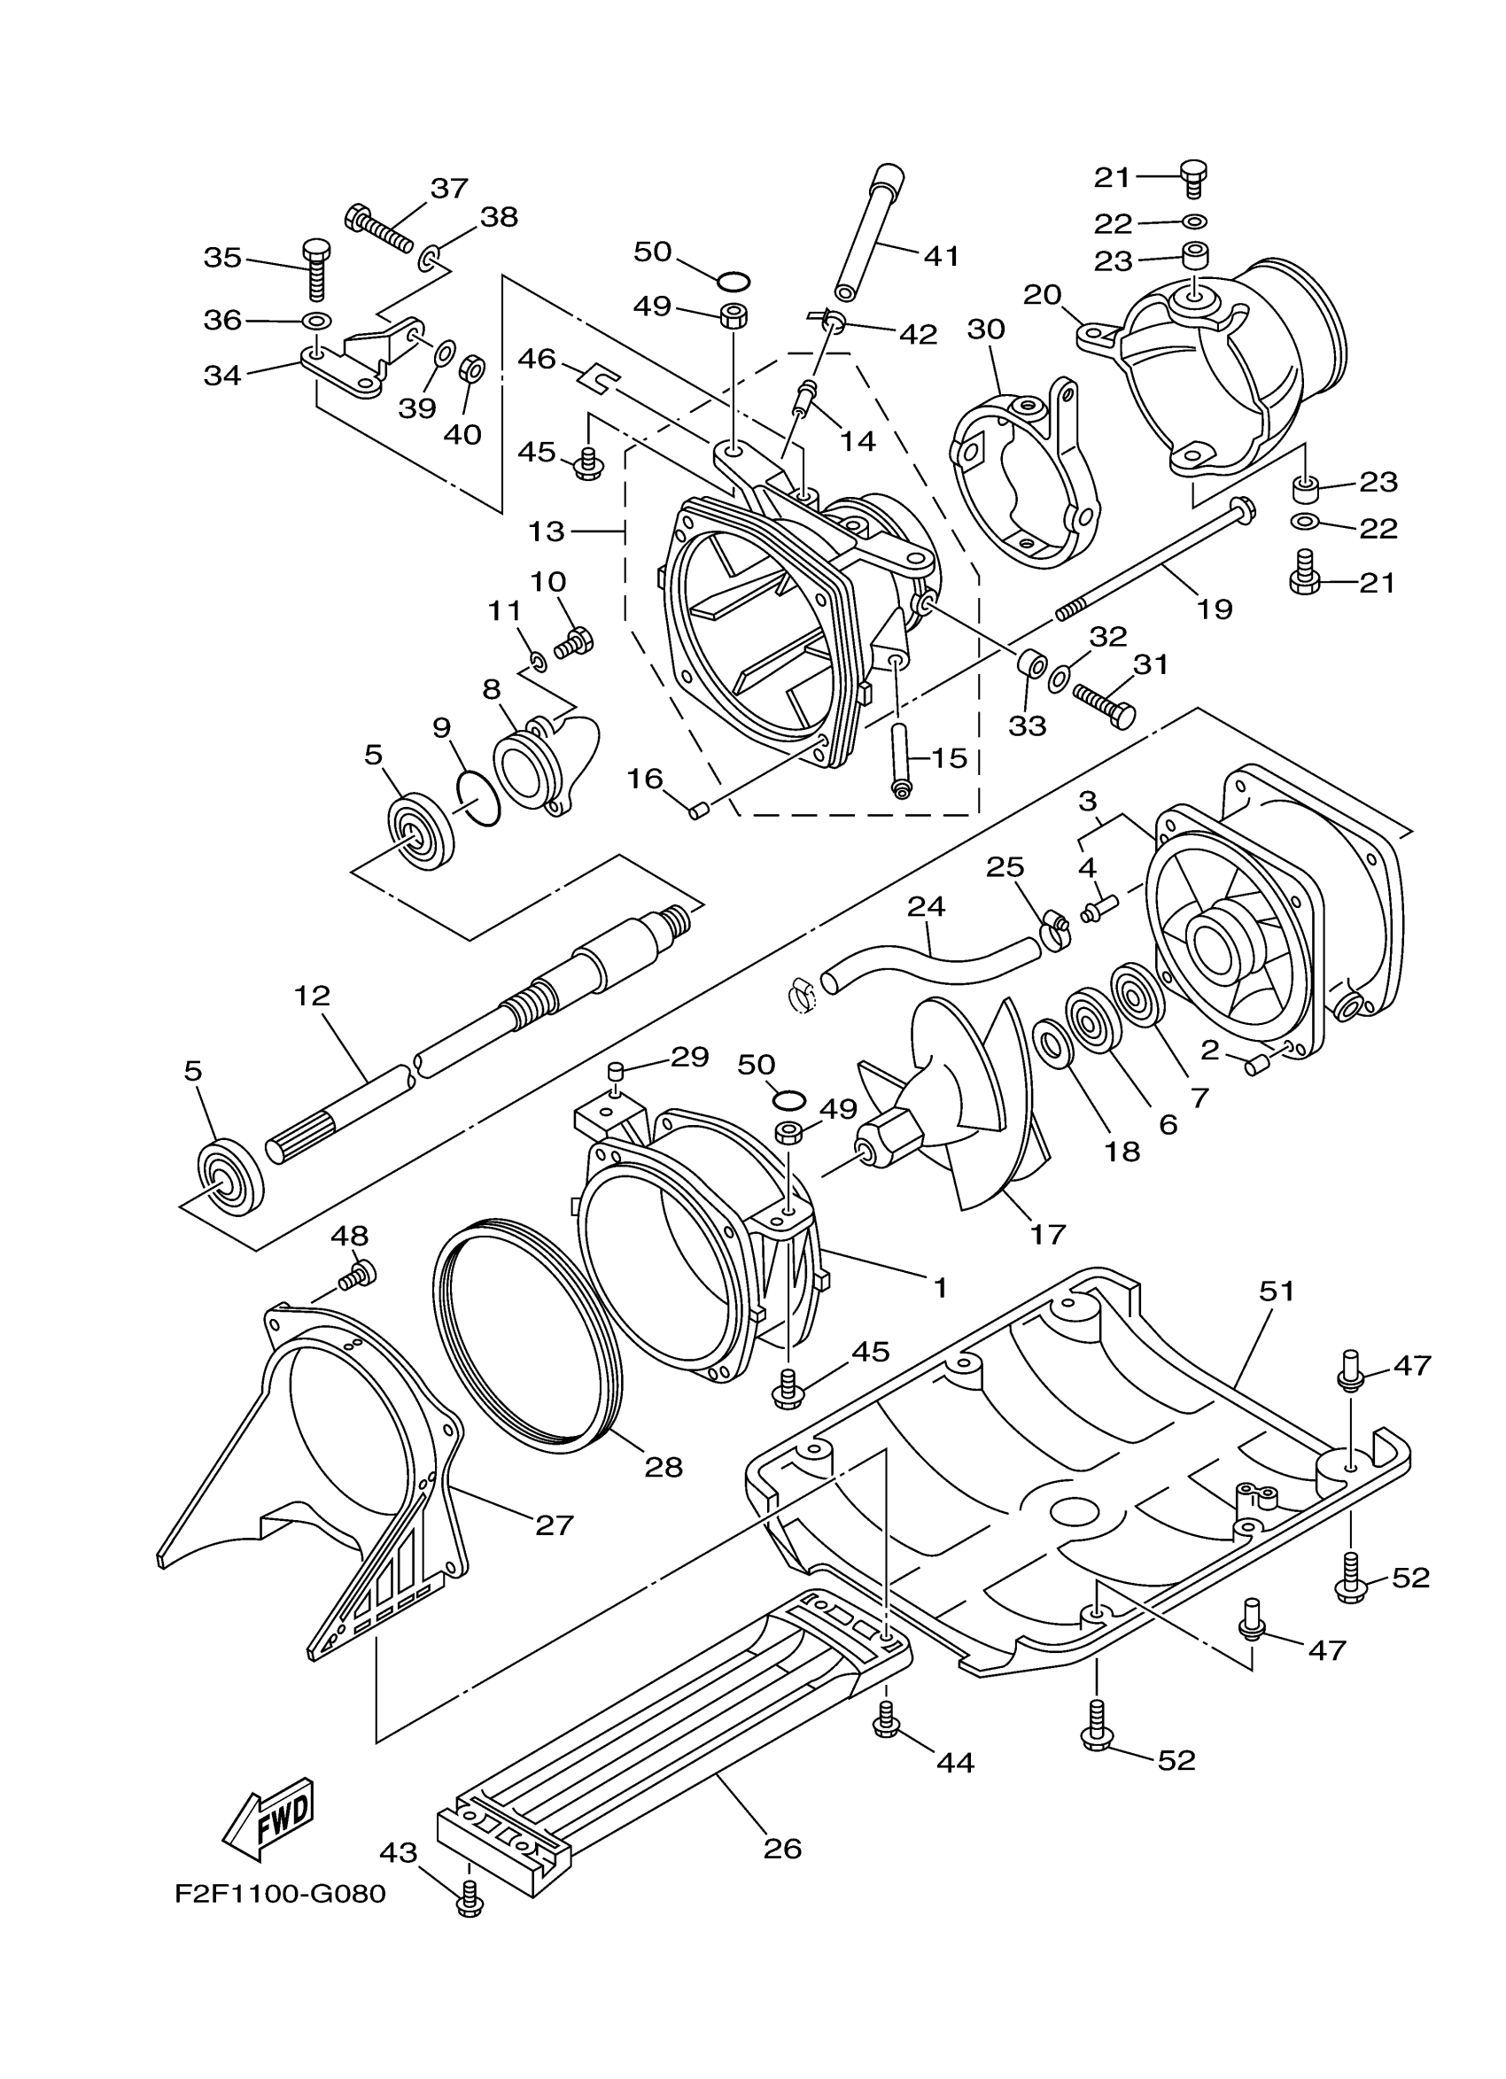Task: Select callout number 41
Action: [x=942, y=256]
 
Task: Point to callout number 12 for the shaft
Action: [x=312, y=996]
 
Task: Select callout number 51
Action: [x=1277, y=1291]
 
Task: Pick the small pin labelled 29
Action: [x=617, y=1071]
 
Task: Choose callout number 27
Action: [x=554, y=1524]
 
